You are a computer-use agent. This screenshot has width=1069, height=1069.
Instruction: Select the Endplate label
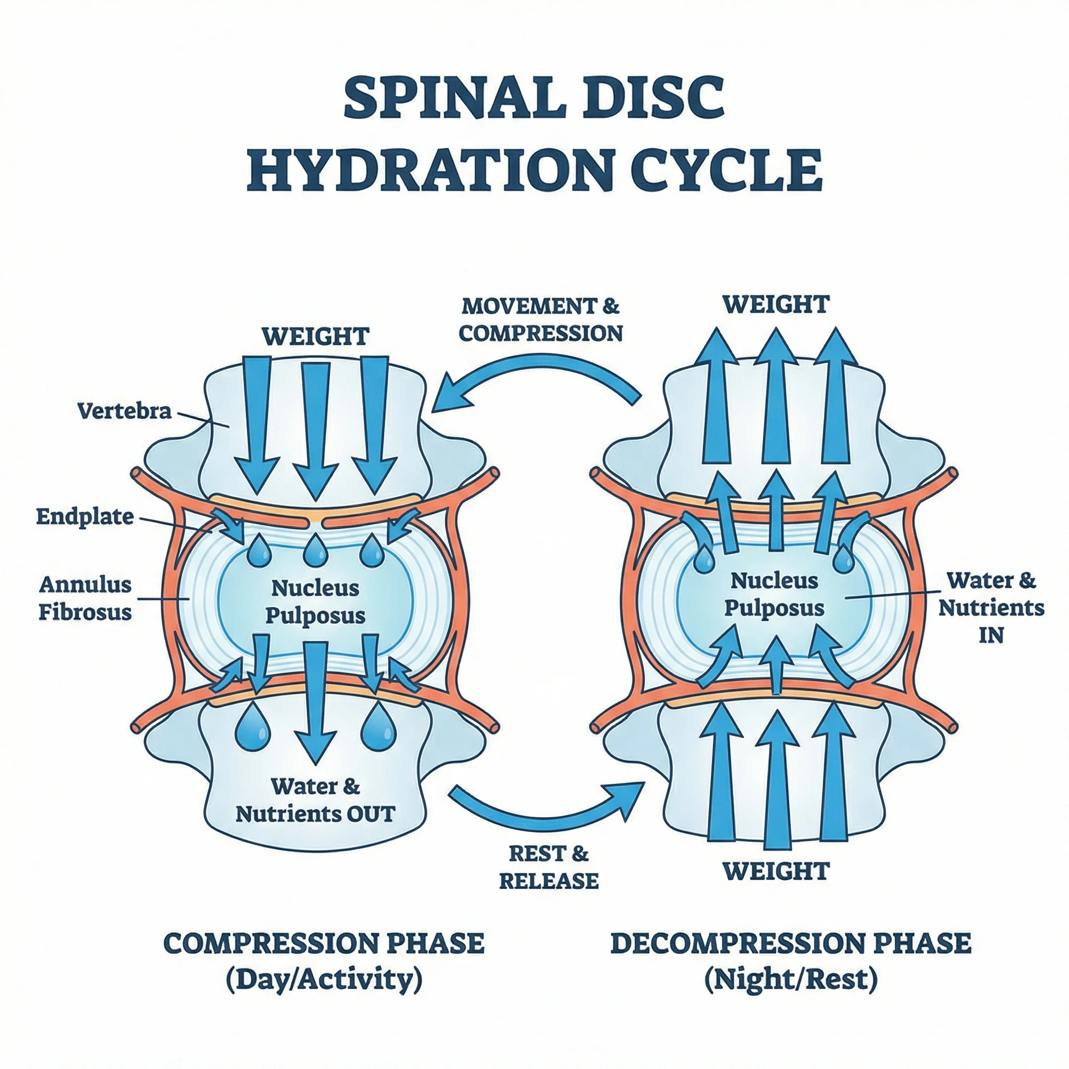[85, 517]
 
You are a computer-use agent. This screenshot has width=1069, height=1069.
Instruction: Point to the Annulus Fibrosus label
[85, 598]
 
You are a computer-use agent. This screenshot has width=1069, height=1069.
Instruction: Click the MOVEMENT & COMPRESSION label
[541, 320]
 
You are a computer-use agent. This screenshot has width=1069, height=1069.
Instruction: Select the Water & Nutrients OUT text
[315, 800]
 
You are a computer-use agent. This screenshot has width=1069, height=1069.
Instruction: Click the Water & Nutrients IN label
[991, 608]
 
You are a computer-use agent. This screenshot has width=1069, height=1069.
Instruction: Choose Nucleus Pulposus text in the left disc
[315, 601]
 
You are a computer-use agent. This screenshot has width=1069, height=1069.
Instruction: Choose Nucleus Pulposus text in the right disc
[774, 593]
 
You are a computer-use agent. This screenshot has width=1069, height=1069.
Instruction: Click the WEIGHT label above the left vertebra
[315, 337]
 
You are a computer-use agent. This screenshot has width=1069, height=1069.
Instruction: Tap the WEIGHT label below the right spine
[776, 871]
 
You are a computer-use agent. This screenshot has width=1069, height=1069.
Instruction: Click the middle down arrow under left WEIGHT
[315, 426]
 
